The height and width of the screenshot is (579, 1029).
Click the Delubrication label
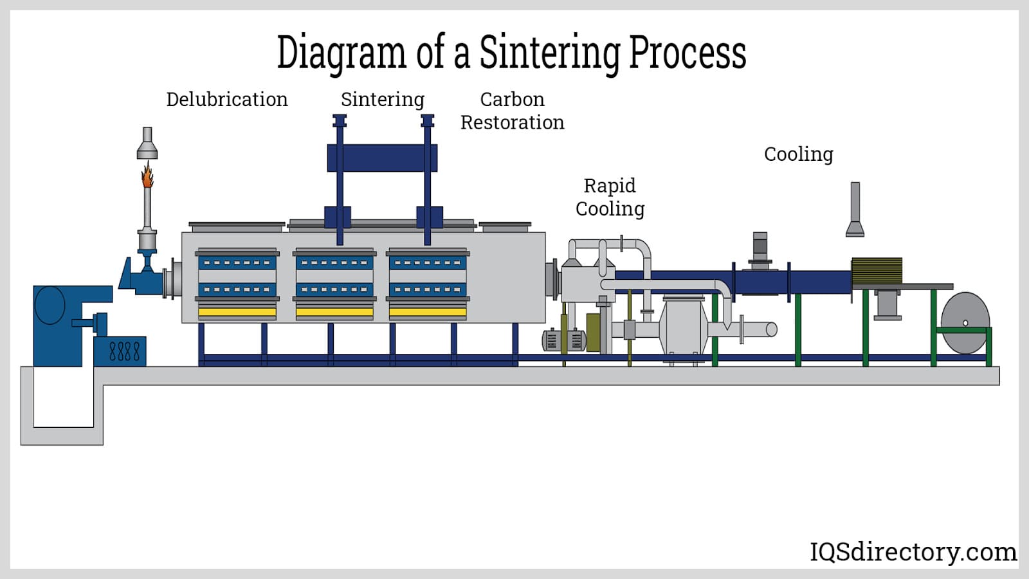(x=226, y=100)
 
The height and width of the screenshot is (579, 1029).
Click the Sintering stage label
(x=382, y=100)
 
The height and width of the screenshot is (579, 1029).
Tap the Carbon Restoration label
(x=512, y=111)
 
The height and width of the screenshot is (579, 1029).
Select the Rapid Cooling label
(x=610, y=197)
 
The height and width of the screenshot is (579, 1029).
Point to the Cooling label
(x=798, y=154)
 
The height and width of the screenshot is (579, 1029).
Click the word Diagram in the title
(x=341, y=53)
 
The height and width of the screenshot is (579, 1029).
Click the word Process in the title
(x=687, y=53)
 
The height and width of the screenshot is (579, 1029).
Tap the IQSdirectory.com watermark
(x=913, y=552)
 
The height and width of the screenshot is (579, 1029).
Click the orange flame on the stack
(x=148, y=175)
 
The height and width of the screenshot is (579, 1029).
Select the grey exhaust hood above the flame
(x=147, y=144)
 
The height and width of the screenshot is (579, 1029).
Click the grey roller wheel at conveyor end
(x=965, y=323)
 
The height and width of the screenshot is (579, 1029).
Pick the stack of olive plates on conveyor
(x=877, y=270)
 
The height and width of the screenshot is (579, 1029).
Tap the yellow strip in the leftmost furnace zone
(x=237, y=312)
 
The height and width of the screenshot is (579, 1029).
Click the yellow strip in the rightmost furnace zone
(x=428, y=312)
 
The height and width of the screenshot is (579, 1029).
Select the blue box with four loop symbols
(x=120, y=351)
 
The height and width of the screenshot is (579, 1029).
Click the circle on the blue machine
(x=50, y=304)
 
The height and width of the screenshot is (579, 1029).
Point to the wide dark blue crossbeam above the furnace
(x=382, y=158)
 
